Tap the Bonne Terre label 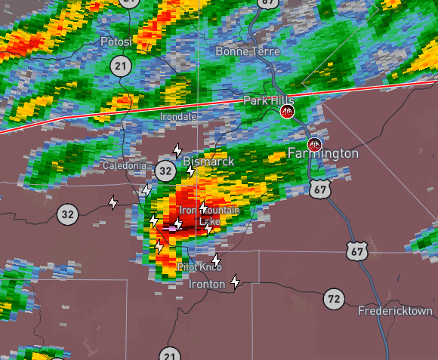[247, 51]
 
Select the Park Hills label [268, 100]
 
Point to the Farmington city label [323, 153]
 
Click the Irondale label [179, 117]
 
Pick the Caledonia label [125, 165]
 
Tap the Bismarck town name [208, 162]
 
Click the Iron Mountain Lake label [208, 216]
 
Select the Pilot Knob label [199, 267]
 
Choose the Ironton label [206, 285]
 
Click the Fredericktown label [395, 311]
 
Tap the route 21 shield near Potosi [121, 66]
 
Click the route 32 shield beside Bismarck [165, 171]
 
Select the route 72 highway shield [334, 299]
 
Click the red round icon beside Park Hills [287, 112]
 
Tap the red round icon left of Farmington [315, 144]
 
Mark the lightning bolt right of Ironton [235, 282]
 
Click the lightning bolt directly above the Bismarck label [177, 150]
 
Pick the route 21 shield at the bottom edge [170, 355]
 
